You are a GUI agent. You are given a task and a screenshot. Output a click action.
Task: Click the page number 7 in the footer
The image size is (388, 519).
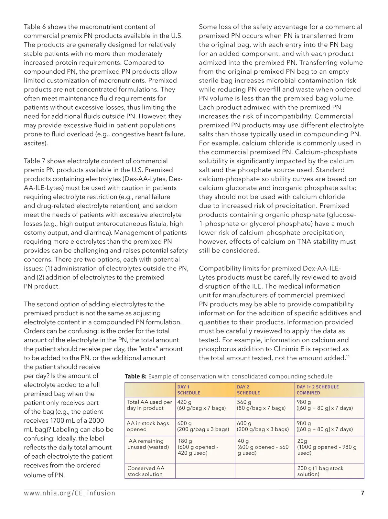pyautogui.click(x=362, y=493)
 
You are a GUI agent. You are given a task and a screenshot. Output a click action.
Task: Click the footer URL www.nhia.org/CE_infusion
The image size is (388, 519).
pyautogui.click(x=70, y=493)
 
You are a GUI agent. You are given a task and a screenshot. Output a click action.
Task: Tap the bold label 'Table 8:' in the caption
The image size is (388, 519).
pyautogui.click(x=135, y=376)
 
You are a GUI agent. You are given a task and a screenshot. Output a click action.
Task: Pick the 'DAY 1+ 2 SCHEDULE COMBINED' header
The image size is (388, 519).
pyautogui.click(x=318, y=390)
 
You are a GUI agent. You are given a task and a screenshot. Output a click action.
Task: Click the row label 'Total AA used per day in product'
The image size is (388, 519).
pyautogui.click(x=149, y=405)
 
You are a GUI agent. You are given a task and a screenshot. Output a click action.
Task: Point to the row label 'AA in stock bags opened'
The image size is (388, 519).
pyautogui.click(x=148, y=426)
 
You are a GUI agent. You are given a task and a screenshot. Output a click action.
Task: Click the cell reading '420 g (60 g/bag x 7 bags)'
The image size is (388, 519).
pyautogui.click(x=201, y=405)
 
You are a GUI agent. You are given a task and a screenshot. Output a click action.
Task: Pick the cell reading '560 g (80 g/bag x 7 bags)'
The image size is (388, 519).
pyautogui.click(x=261, y=405)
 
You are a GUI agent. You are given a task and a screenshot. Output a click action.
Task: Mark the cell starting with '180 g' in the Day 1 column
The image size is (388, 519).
pyautogui.click(x=198, y=447)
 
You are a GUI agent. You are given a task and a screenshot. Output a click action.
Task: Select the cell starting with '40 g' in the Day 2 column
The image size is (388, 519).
pyautogui.click(x=263, y=447)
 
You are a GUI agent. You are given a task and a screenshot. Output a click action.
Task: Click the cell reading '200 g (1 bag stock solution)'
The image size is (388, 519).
pyautogui.click(x=320, y=471)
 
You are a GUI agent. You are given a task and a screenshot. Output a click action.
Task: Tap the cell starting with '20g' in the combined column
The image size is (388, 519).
pyautogui.click(x=327, y=447)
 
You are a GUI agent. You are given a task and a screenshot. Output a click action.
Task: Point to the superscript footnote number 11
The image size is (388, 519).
pyautogui.click(x=348, y=356)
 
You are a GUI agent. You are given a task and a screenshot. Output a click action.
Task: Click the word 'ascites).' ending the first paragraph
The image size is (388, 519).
pyautogui.click(x=36, y=143)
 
